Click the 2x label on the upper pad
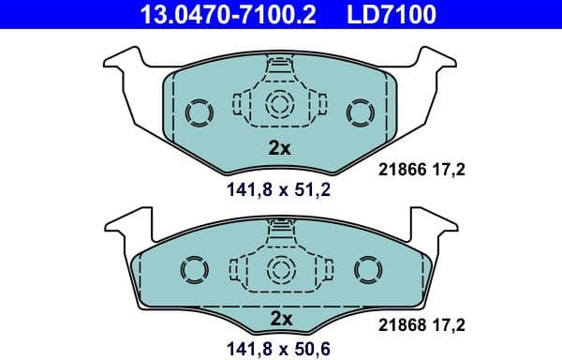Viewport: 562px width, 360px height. (280, 148)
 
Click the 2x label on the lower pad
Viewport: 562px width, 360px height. (280, 320)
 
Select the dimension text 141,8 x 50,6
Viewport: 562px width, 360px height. (280, 349)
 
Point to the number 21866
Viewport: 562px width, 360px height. (399, 170)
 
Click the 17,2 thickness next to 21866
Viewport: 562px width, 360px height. (448, 170)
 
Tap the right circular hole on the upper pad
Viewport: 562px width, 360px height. (360, 112)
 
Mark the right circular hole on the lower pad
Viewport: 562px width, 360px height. (366, 271)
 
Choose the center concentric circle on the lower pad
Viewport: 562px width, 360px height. (280, 266)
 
